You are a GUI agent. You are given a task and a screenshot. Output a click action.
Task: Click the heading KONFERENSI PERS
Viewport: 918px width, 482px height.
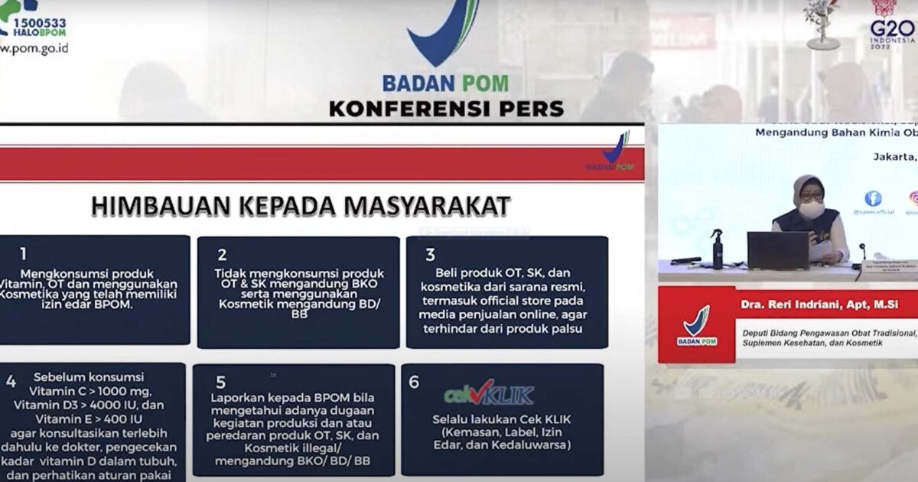point(446,108)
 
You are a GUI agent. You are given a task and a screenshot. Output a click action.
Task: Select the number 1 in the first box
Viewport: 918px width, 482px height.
point(23,254)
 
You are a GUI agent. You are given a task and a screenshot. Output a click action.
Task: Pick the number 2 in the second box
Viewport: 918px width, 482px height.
point(222,255)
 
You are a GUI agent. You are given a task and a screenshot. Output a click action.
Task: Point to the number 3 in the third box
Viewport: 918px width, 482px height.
point(431,255)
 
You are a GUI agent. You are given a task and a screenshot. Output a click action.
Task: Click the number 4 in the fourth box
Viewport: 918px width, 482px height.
point(11,381)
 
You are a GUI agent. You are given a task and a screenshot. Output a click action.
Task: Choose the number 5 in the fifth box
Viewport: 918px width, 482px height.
point(220,382)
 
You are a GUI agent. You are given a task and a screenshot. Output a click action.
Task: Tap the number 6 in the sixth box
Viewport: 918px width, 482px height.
point(414,381)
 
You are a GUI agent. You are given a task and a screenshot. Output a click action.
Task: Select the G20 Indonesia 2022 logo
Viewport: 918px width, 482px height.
point(892,27)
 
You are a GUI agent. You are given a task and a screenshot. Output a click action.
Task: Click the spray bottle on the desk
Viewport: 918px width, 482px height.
point(717,249)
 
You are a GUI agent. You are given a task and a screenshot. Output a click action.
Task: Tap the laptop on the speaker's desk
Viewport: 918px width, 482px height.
point(778,250)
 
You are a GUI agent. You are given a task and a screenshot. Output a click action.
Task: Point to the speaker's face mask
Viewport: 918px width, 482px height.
point(811,209)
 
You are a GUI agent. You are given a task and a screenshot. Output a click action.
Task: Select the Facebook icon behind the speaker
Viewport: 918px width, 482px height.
point(872,199)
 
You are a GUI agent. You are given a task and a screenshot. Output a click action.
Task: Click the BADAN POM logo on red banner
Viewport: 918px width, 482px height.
point(696,326)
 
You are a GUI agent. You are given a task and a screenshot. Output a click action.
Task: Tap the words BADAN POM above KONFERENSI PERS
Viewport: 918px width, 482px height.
point(445,83)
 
